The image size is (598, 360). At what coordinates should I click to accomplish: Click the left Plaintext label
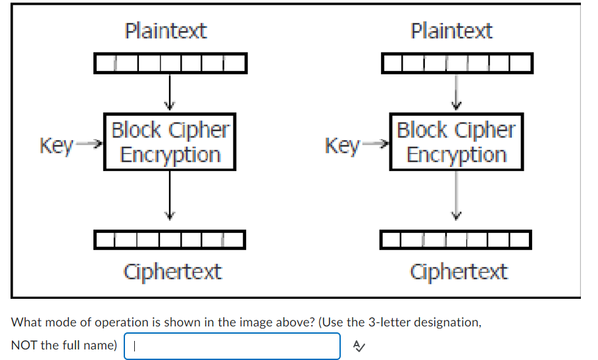[x=166, y=31]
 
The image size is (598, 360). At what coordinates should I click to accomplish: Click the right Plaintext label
[x=451, y=31]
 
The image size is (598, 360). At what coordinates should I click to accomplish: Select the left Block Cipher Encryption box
[x=170, y=142]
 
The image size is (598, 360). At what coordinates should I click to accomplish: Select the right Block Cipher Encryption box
[x=456, y=142]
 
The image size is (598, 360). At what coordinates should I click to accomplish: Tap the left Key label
[x=56, y=145]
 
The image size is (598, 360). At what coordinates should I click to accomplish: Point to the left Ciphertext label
[x=172, y=271]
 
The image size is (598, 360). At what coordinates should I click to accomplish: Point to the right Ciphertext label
[x=459, y=271]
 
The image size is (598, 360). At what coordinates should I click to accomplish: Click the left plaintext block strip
[x=170, y=64]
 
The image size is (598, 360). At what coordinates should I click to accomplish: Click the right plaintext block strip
[x=457, y=64]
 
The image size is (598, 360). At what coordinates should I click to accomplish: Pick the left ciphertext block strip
[x=170, y=240]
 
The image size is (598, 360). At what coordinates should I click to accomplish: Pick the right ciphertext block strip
[x=457, y=240]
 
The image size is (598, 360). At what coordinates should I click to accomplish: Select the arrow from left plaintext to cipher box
[x=170, y=92]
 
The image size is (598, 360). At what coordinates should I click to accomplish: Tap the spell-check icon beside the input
[x=358, y=346]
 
